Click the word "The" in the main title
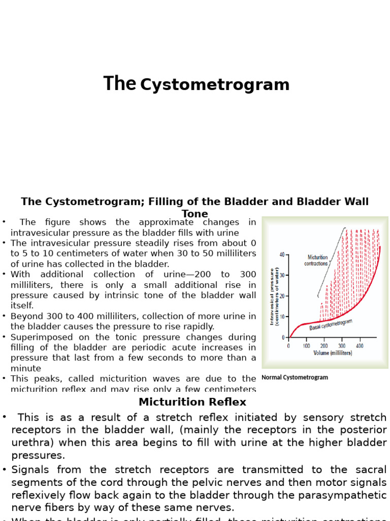120,84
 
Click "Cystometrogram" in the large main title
215,85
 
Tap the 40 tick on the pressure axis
282,254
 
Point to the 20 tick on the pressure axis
282,296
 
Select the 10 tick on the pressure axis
282,316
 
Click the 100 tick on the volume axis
306,346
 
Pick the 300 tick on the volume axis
342,346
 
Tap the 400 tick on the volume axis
360,346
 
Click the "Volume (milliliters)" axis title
333,353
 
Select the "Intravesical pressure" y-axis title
272,296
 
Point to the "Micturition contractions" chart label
316,260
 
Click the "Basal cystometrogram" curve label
331,325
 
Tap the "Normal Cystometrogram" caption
295,378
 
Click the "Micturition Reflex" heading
192,402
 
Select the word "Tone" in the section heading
195,214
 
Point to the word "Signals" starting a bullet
30,470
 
